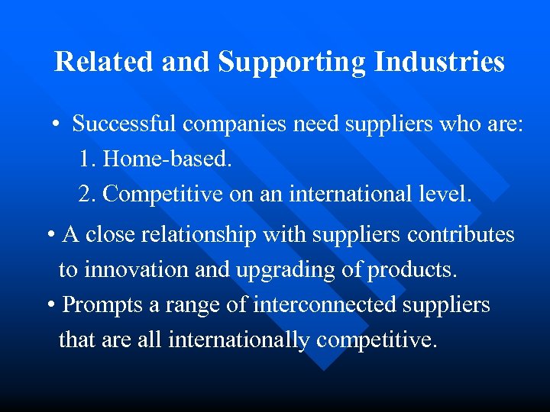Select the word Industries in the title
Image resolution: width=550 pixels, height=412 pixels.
(439, 62)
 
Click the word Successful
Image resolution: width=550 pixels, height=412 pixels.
(128, 124)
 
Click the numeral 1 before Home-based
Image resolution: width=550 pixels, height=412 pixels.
(84, 159)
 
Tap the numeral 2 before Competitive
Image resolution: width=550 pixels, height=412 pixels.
(85, 194)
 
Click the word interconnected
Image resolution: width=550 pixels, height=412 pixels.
(318, 304)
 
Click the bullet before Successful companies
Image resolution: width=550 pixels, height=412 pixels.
(57, 124)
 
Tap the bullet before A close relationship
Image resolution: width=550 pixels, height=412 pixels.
(50, 236)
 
